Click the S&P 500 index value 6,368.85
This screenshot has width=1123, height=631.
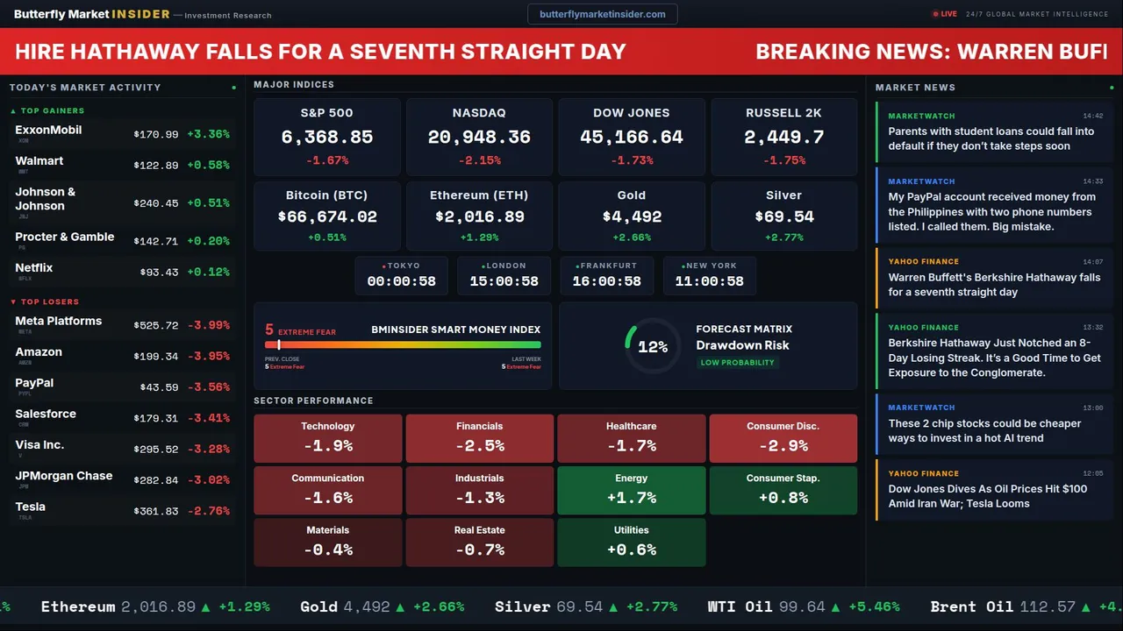(327, 138)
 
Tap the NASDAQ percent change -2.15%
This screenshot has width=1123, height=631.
(479, 160)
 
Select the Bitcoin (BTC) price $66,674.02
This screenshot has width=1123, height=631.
(327, 216)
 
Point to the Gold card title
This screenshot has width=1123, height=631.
(631, 195)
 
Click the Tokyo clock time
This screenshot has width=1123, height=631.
(402, 281)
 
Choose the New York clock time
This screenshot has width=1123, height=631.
(709, 281)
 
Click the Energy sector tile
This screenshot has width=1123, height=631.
(631, 490)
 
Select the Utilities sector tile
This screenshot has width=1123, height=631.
(631, 542)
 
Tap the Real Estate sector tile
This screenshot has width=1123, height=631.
(479, 542)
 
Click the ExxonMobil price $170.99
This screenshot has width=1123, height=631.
(156, 135)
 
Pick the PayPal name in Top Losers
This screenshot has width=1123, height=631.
(34, 383)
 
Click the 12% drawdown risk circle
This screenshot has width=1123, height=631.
(653, 347)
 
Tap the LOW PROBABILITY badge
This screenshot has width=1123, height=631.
(737, 363)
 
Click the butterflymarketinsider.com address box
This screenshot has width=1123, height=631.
(602, 14)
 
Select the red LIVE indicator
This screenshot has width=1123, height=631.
(945, 14)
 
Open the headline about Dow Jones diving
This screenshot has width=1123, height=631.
(987, 496)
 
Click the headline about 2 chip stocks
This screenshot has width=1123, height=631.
(984, 430)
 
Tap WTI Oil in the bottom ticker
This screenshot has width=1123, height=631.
(740, 606)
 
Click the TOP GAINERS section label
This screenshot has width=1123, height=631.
(52, 111)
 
